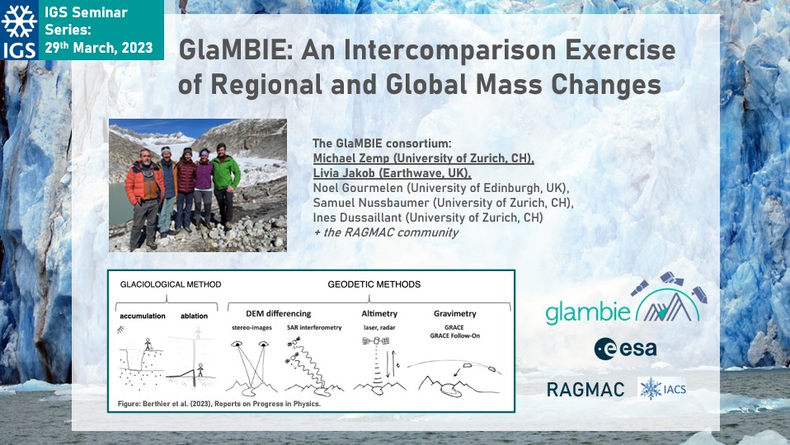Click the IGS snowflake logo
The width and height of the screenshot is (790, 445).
[x=19, y=30]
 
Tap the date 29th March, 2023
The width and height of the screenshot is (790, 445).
[x=99, y=47]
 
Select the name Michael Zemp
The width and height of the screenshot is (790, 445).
[x=351, y=158]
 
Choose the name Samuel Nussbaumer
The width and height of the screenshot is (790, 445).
[x=371, y=203]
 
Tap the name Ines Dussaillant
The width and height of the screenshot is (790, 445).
[x=357, y=218]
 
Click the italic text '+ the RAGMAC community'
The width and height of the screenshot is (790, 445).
[x=386, y=232]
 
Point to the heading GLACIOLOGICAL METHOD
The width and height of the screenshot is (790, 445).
[x=171, y=284]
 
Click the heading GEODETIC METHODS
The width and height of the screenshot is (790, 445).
[x=374, y=284]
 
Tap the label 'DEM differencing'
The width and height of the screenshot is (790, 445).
[x=279, y=314]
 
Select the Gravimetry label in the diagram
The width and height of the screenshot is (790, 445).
[x=455, y=314]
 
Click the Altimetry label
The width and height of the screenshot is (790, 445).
[x=379, y=314]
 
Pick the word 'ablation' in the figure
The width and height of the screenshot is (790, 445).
[x=194, y=316]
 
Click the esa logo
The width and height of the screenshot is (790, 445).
[x=625, y=349]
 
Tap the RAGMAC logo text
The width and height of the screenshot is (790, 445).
[x=585, y=390]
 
